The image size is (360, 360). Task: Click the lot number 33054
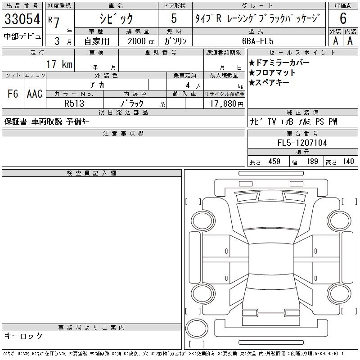[22, 19]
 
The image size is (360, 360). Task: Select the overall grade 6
[343, 18]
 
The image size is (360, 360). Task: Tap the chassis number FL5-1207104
[302, 143]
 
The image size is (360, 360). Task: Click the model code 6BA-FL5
[258, 41]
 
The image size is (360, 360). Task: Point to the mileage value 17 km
[59, 64]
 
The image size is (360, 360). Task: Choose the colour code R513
[74, 103]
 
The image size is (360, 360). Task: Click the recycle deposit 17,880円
[227, 104]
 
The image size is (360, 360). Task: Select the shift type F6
[13, 94]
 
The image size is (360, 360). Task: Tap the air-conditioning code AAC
[35, 94]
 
